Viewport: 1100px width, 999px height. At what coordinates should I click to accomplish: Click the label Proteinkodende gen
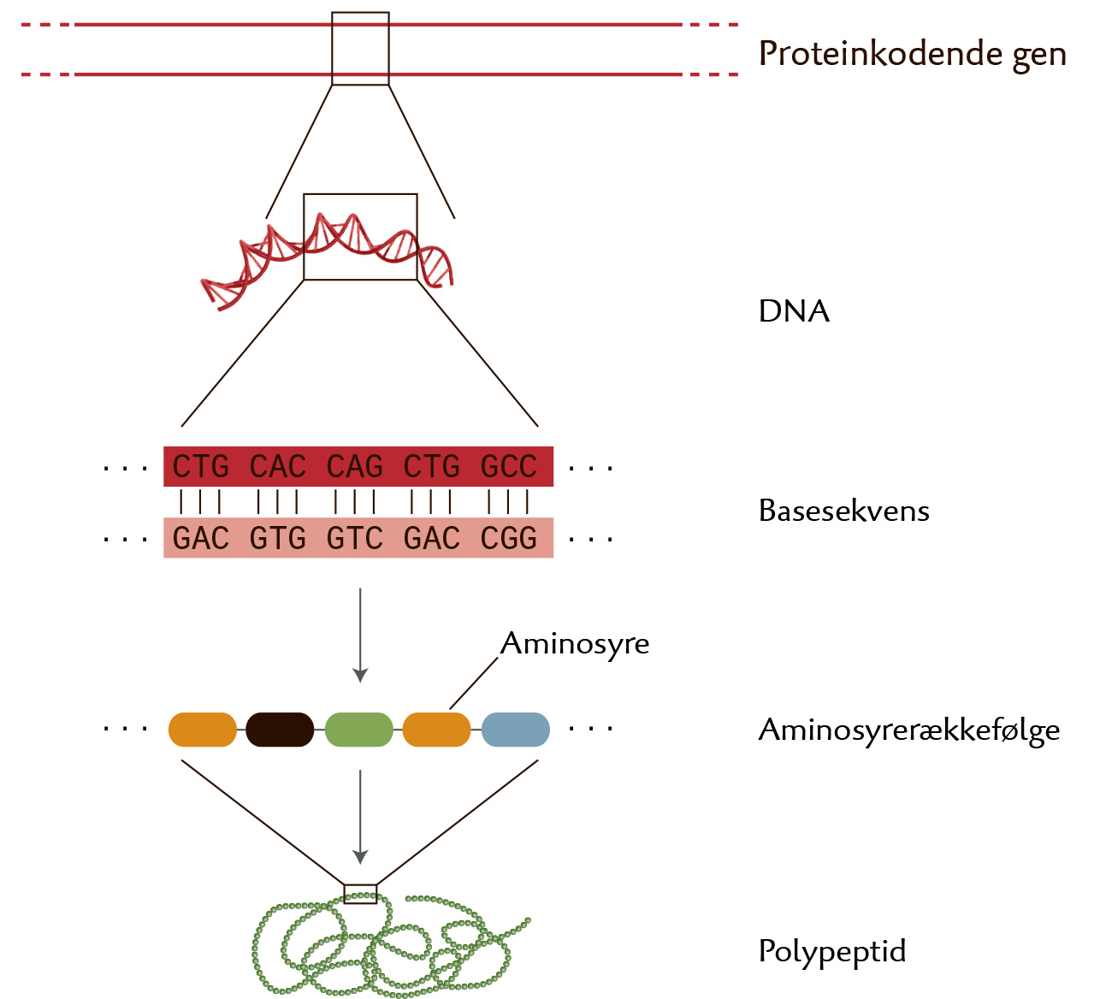912,54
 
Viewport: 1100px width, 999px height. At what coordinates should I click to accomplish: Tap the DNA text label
794,310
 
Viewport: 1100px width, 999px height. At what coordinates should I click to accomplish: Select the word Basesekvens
843,511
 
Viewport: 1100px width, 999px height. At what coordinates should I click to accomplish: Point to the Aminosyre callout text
575,643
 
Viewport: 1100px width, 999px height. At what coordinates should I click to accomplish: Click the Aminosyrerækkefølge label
908,730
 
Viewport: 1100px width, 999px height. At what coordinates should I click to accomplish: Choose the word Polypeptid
831,951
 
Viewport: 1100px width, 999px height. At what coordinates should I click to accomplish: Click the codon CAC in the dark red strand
277,467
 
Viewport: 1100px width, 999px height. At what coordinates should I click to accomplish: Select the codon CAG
354,467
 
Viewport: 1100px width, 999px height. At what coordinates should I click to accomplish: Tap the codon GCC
509,467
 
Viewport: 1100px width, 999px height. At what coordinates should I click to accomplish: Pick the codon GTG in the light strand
277,539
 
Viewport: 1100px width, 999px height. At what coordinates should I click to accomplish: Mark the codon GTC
354,539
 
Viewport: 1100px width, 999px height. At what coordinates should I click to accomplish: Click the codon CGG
509,539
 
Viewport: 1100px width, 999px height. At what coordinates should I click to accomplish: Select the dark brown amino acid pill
280,730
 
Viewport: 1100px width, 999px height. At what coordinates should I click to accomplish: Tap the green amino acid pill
359,730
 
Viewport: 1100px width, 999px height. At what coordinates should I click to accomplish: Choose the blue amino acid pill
516,730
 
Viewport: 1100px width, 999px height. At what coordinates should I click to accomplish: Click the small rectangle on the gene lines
360,49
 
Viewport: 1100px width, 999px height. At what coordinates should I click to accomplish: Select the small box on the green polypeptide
360,894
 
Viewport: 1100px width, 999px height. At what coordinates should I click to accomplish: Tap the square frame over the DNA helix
360,236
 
